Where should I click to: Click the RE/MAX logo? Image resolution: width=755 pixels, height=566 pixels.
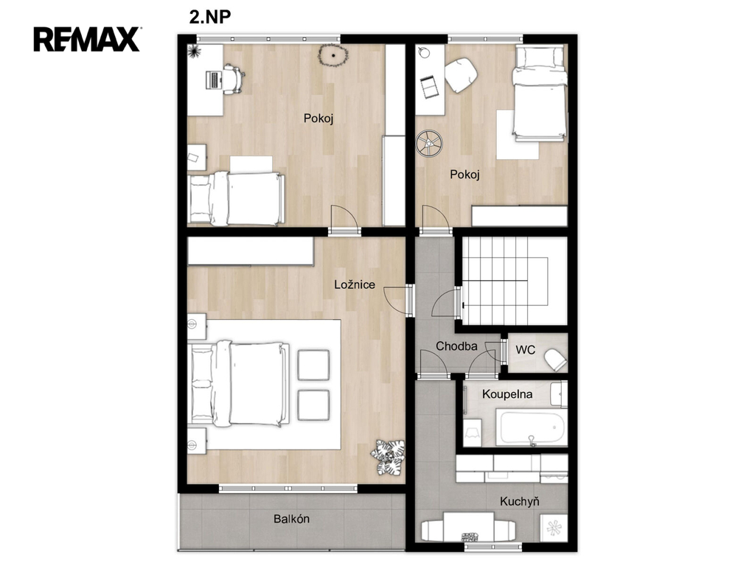pyautogui.click(x=87, y=39)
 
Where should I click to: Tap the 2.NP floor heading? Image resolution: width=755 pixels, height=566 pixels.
pyautogui.click(x=210, y=17)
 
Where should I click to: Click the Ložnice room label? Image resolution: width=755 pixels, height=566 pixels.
pyautogui.click(x=355, y=284)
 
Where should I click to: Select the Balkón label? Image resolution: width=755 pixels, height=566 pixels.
pyautogui.click(x=291, y=519)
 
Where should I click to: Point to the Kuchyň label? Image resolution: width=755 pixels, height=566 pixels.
pyautogui.click(x=519, y=501)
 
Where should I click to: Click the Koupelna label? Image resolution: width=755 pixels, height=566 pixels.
pyautogui.click(x=507, y=394)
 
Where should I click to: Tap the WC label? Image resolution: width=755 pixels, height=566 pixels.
pyautogui.click(x=525, y=350)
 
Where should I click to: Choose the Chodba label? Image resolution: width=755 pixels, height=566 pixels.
pyautogui.click(x=456, y=346)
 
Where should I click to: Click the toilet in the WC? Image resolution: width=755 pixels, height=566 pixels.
pyautogui.click(x=555, y=359)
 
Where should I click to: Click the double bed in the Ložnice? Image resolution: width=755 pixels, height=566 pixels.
pyautogui.click(x=239, y=383)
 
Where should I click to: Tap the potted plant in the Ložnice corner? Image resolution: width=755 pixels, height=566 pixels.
pyautogui.click(x=388, y=457)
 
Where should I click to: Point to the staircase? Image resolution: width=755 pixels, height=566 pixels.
pyautogui.click(x=514, y=281)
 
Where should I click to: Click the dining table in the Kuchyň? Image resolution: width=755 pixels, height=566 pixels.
pyautogui.click(x=468, y=528)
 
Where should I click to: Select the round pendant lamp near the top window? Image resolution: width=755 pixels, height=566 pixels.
pyautogui.click(x=333, y=55)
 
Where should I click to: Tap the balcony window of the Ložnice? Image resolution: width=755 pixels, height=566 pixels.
pyautogui.click(x=288, y=489)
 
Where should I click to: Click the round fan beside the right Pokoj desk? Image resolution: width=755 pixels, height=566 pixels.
pyautogui.click(x=429, y=143)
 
